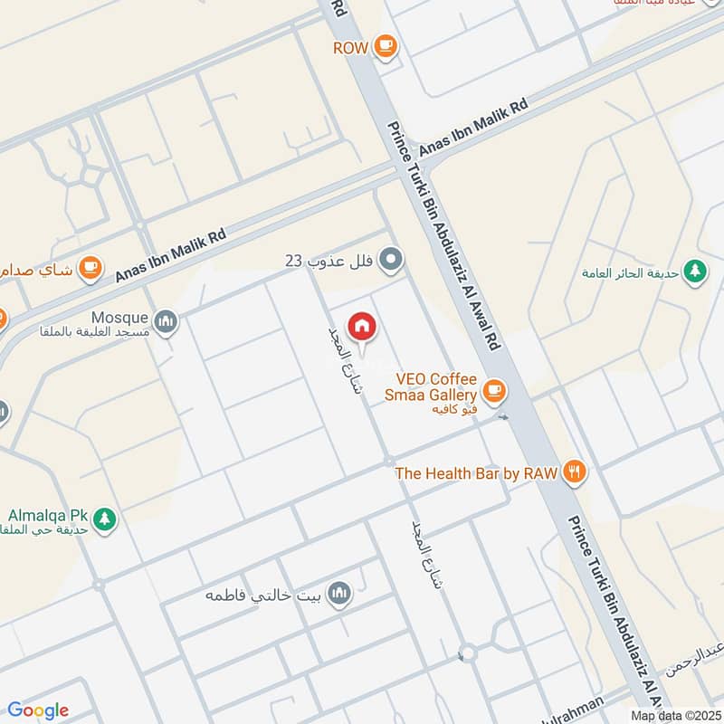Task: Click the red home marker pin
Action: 363,325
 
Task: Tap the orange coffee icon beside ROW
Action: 386,46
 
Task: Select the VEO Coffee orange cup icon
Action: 493,390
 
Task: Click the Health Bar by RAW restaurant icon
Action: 574,472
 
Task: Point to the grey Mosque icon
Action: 166,320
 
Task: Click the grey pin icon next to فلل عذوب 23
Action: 391,261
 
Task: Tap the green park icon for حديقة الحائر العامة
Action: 695,270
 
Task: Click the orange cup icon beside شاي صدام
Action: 90,266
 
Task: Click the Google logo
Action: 38,710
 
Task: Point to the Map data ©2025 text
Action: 674,715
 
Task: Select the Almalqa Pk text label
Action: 46,515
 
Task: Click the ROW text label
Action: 350,47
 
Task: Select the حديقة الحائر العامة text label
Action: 630,271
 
